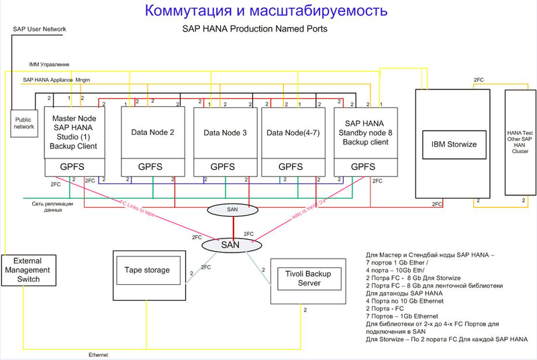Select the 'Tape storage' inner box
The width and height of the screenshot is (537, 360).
(147, 270)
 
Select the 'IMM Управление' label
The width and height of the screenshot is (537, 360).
(48, 64)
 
